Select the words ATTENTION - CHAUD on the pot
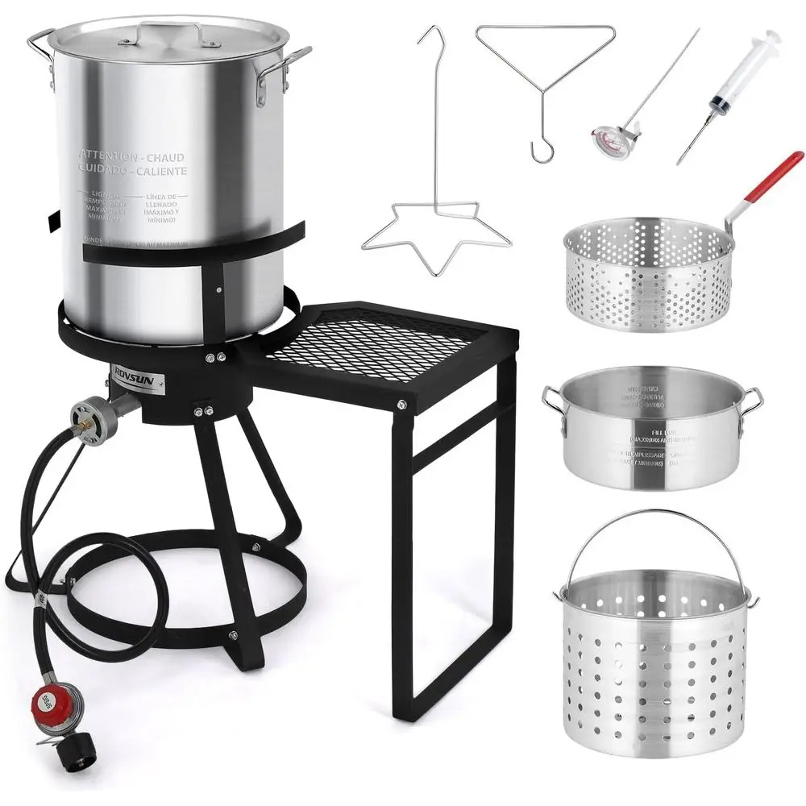[x=131, y=156]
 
